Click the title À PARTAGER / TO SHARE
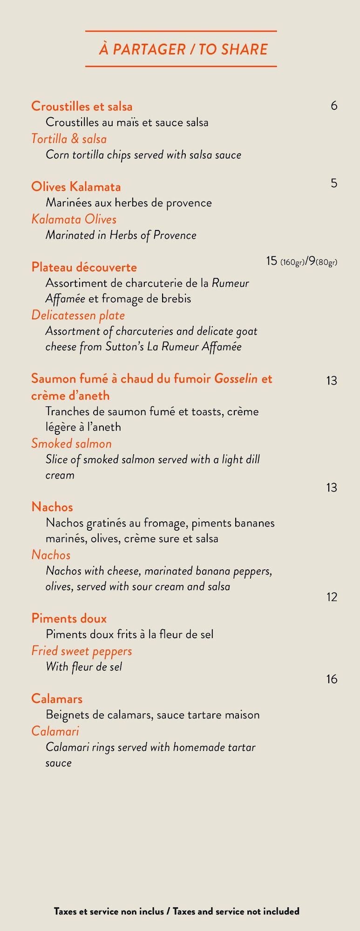click(183, 49)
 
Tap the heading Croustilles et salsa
click(82, 107)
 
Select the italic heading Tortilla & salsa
click(69, 139)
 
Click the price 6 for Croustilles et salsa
click(334, 106)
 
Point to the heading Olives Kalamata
click(76, 187)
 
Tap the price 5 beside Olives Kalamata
click(334, 183)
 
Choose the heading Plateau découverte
click(84, 268)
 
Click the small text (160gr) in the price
click(292, 263)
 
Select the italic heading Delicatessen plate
click(78, 316)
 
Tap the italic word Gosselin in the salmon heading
click(236, 379)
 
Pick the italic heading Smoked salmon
click(71, 444)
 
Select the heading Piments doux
click(69, 619)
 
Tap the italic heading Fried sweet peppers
click(82, 651)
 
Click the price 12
click(332, 597)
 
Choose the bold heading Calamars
click(57, 699)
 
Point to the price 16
click(332, 680)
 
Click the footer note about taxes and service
click(177, 911)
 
